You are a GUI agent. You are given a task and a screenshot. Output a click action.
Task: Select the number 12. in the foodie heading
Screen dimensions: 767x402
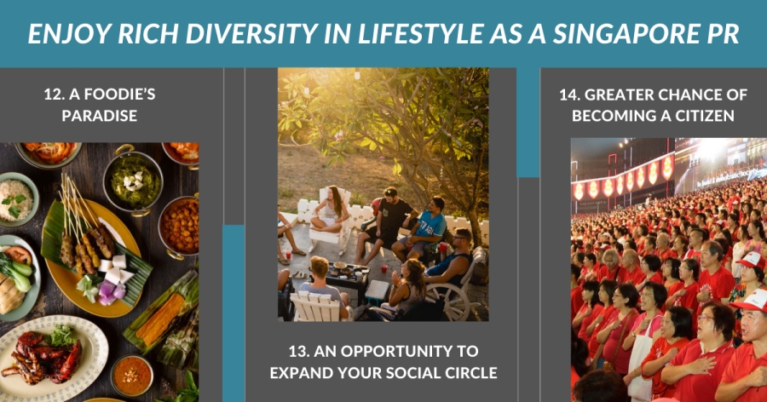click(54, 94)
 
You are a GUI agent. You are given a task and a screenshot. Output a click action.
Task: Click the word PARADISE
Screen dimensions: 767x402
click(100, 116)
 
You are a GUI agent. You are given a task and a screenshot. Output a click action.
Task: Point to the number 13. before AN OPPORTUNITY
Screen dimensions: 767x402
click(298, 351)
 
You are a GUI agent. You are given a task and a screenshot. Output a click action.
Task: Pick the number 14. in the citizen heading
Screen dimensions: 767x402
click(570, 95)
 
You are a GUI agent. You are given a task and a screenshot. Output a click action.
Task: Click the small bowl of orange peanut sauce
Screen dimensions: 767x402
click(131, 376)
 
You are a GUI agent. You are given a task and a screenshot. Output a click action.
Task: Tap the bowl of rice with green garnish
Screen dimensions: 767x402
click(17, 199)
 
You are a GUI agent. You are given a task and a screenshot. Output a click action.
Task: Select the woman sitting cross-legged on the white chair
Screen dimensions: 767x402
click(332, 210)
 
